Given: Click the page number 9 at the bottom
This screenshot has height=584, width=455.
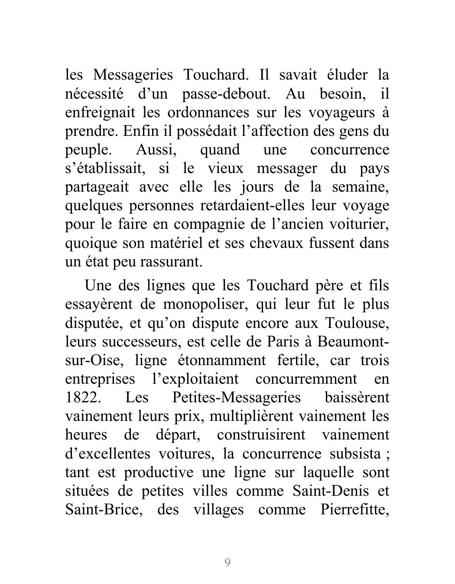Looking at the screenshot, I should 227,562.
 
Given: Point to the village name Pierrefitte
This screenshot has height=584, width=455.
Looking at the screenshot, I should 354,509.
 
